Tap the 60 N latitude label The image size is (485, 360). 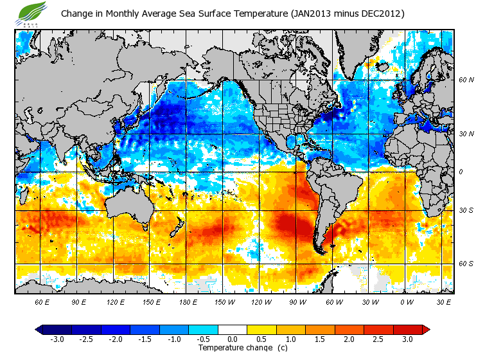(x=466, y=80)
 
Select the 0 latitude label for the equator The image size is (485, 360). (x=461, y=172)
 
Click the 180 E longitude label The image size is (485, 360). (x=188, y=301)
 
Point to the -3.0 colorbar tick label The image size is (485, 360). (x=57, y=339)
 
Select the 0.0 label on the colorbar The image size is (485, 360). (x=233, y=339)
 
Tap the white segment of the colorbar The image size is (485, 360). (x=233, y=330)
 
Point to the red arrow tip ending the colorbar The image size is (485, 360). (x=426, y=330)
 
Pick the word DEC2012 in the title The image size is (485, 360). (x=378, y=14)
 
